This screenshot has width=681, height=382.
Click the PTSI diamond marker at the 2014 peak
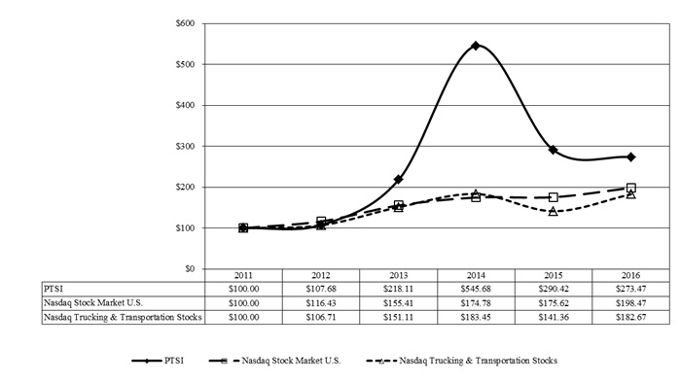coord(476,46)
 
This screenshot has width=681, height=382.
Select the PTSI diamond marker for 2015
coord(553,150)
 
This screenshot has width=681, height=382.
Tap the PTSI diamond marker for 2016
coord(631,156)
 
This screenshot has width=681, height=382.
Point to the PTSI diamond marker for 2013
coord(398,179)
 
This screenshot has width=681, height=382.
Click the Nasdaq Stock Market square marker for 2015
coord(553,197)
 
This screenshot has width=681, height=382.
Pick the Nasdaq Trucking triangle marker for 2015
coord(553,211)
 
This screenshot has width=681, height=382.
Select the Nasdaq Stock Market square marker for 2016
coord(631,188)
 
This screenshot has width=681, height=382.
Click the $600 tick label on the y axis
coord(185,23)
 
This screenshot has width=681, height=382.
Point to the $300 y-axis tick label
coord(185,147)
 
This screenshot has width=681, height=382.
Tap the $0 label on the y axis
coord(190,269)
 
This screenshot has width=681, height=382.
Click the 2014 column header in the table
coord(476,275)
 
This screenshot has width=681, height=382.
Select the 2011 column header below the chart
coord(243,275)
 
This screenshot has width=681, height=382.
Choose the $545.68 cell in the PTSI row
coord(476,289)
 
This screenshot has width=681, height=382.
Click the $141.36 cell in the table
coord(554,317)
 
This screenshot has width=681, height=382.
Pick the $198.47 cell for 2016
coord(631,303)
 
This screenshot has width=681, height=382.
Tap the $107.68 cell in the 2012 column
coord(321,289)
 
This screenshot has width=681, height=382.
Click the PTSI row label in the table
coord(53,289)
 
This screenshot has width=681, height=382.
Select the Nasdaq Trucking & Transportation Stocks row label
coord(123,317)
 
